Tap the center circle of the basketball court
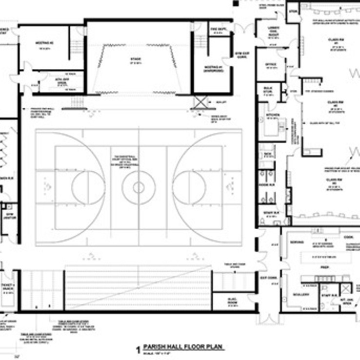(x=139, y=187)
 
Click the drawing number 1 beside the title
(x=138, y=349)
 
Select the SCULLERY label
(x=302, y=295)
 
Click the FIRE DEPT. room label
(x=216, y=30)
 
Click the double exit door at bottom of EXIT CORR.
(x=266, y=318)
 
